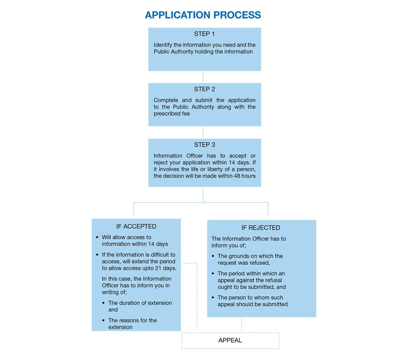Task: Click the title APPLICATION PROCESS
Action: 203,15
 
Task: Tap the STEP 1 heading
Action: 204,34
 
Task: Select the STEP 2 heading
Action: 204,89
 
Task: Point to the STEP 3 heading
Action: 204,145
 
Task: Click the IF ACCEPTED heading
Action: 136,226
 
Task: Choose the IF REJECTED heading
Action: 261,228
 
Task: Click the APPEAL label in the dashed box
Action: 230,340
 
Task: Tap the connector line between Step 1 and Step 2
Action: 203,76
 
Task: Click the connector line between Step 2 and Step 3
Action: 203,132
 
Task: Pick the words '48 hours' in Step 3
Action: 245,176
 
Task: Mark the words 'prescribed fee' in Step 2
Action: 172,114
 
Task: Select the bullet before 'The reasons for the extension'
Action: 103,320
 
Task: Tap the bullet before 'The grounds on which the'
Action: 213,256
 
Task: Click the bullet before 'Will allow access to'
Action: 97,237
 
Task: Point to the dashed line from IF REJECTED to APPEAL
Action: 241,324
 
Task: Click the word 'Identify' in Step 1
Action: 163,45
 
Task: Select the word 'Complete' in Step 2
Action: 166,100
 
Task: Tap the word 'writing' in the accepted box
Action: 111,292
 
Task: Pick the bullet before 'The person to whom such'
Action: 213,298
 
